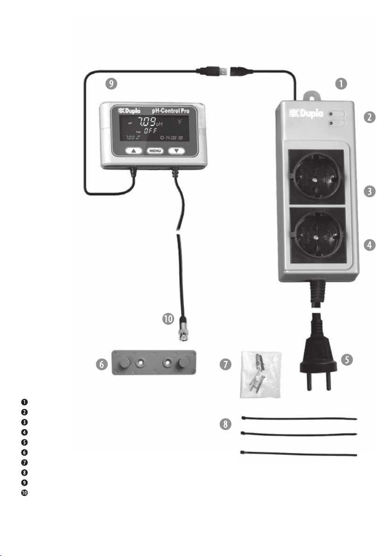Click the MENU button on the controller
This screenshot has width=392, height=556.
(154, 151)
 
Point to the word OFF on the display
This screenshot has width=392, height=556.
(150, 132)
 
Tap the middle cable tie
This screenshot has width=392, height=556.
(299, 434)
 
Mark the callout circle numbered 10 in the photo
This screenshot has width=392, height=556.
(168, 320)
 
